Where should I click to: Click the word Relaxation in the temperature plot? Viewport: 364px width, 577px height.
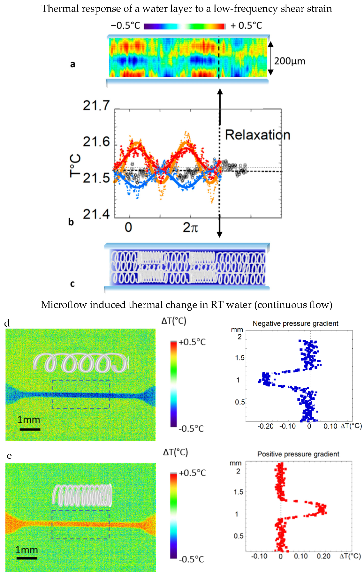(x=257, y=135)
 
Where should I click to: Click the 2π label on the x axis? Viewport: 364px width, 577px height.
(x=191, y=227)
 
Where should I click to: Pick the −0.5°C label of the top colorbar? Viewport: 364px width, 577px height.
(x=125, y=26)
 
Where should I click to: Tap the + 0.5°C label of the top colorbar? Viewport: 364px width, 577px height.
(x=246, y=26)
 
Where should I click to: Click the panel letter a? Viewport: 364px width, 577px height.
(x=73, y=64)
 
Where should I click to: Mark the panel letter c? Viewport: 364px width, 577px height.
(x=72, y=284)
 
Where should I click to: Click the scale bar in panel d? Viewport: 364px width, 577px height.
(x=30, y=429)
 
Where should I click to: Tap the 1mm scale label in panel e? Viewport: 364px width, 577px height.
(x=27, y=550)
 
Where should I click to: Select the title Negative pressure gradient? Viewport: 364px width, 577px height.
(x=295, y=323)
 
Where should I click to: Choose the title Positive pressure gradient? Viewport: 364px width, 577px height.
(x=298, y=454)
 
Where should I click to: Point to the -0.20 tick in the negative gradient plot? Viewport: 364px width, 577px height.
(x=266, y=426)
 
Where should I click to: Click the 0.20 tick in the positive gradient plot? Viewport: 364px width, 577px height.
(x=323, y=556)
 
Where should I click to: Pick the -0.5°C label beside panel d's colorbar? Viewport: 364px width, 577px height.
(x=191, y=429)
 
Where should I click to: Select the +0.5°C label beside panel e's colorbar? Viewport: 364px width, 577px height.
(x=192, y=473)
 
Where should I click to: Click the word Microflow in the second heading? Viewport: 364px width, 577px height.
(x=64, y=305)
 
